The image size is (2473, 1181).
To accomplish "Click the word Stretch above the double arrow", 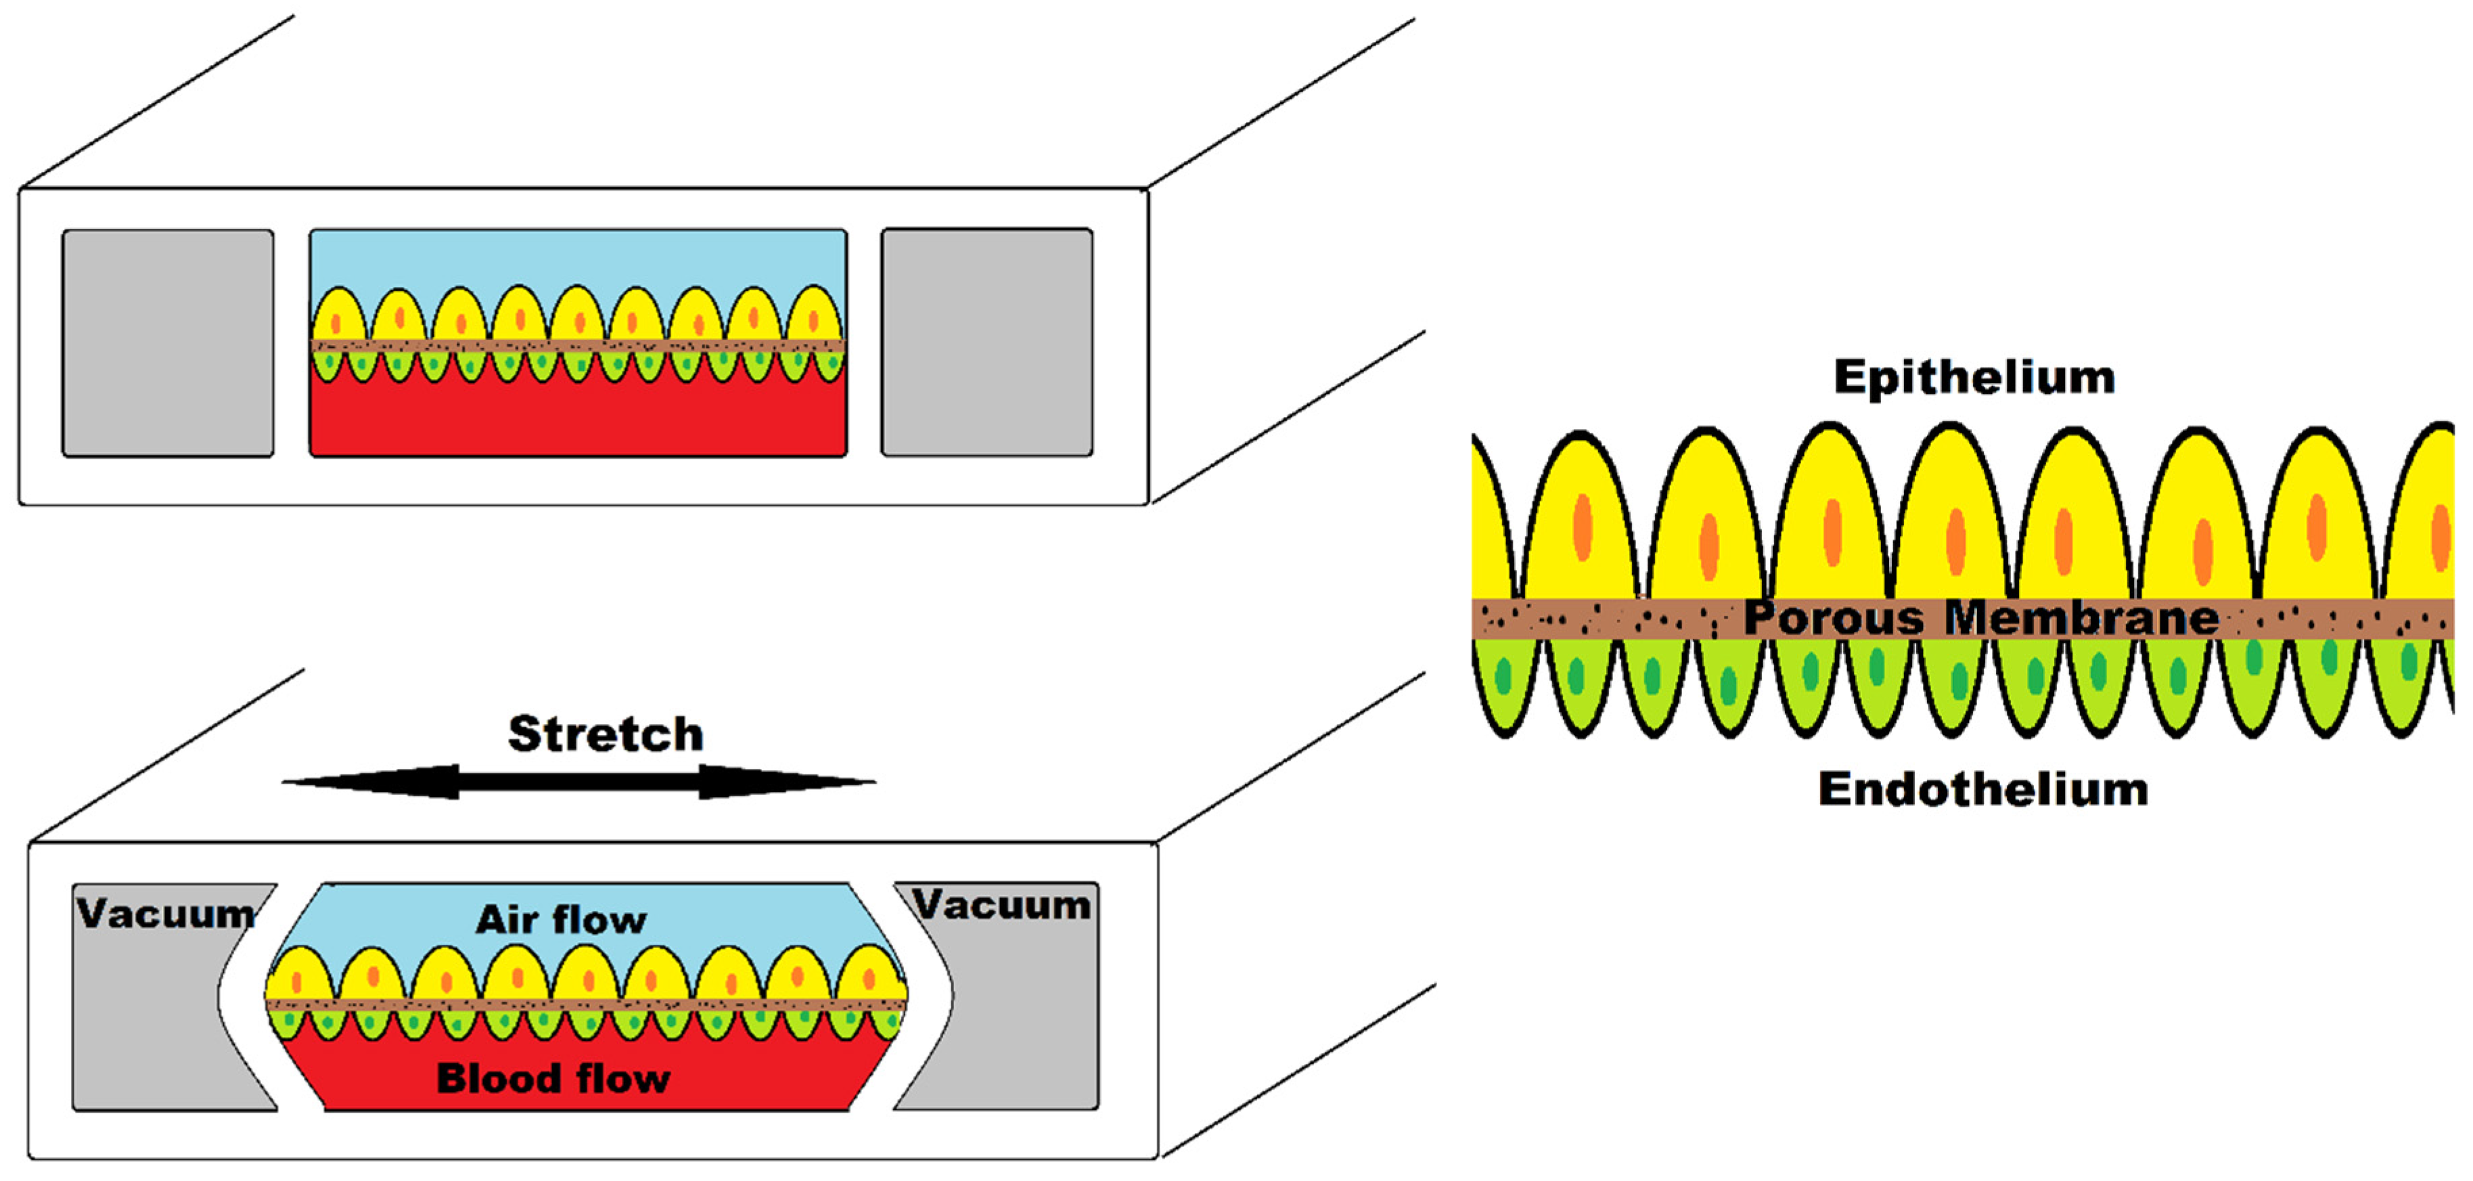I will coord(605,734).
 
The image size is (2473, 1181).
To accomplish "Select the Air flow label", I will coord(562,920).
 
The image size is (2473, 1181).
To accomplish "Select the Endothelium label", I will coord(1982,789).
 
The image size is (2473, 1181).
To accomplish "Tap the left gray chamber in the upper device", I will coord(168,342).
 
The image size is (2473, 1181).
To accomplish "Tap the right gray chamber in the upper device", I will coord(987,342).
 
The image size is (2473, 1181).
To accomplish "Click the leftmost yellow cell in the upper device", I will coord(337,317).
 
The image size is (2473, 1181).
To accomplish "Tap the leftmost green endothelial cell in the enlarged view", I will coord(1504,682).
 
